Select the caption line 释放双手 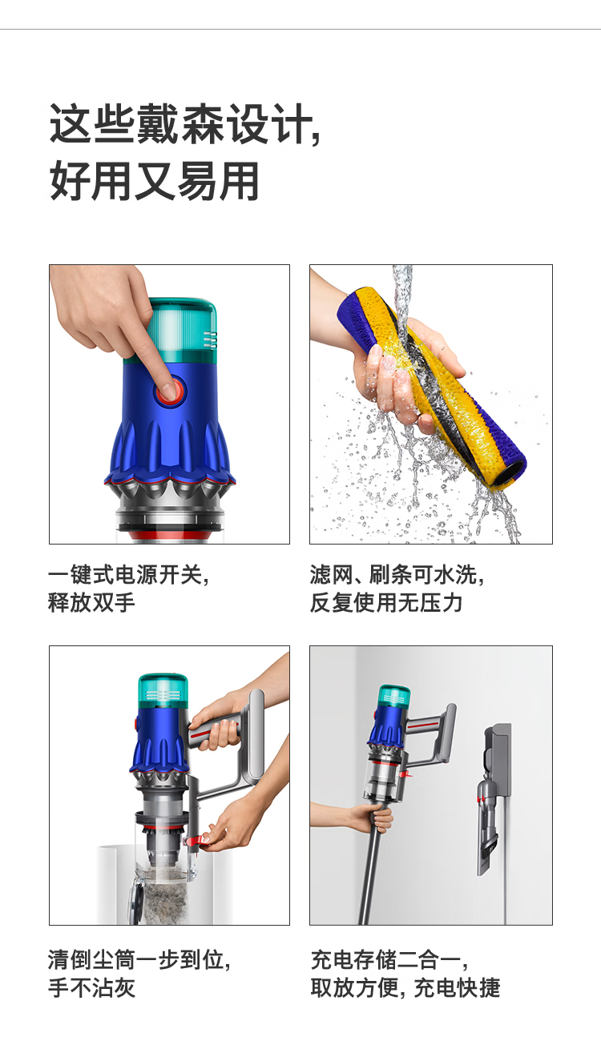pos(91,603)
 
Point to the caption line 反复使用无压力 pos(385,603)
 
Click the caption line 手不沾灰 pos(91,987)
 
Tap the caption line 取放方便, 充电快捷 pos(405,987)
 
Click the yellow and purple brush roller pos(431,383)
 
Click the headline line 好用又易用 pos(155,181)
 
